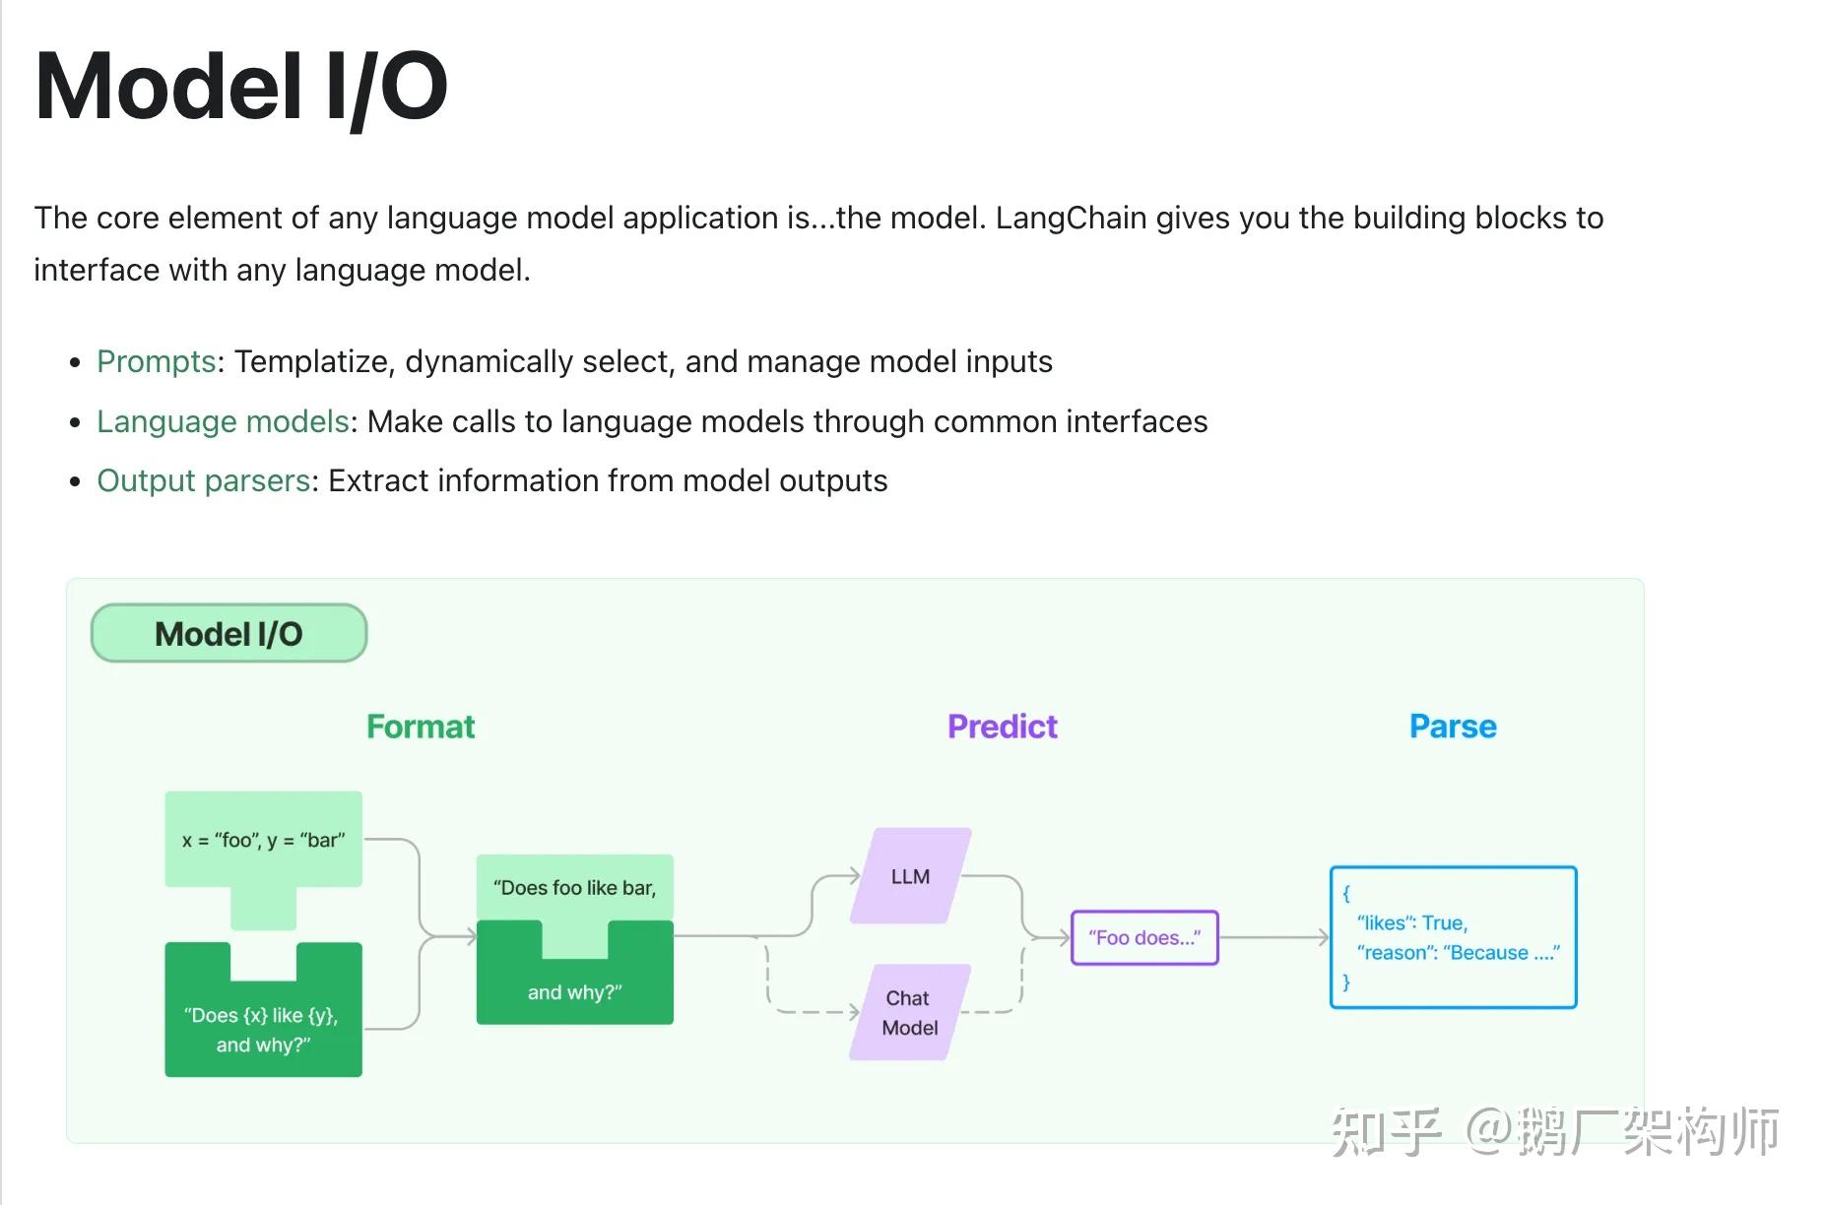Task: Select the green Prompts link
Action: (156, 361)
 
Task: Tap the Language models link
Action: (223, 421)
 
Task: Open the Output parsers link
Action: (204, 480)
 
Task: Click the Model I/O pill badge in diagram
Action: (228, 633)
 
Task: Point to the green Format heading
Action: (421, 727)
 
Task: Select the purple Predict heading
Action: (1002, 727)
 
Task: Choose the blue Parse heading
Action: (1453, 727)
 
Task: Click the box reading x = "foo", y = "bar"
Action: (263, 840)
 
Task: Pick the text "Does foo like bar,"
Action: (574, 888)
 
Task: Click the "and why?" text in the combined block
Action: (574, 992)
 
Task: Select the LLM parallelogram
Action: (910, 876)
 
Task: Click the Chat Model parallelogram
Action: (909, 1012)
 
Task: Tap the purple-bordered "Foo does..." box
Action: (1144, 937)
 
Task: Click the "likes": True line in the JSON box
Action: (1411, 922)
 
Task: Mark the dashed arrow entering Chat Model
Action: (817, 1011)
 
